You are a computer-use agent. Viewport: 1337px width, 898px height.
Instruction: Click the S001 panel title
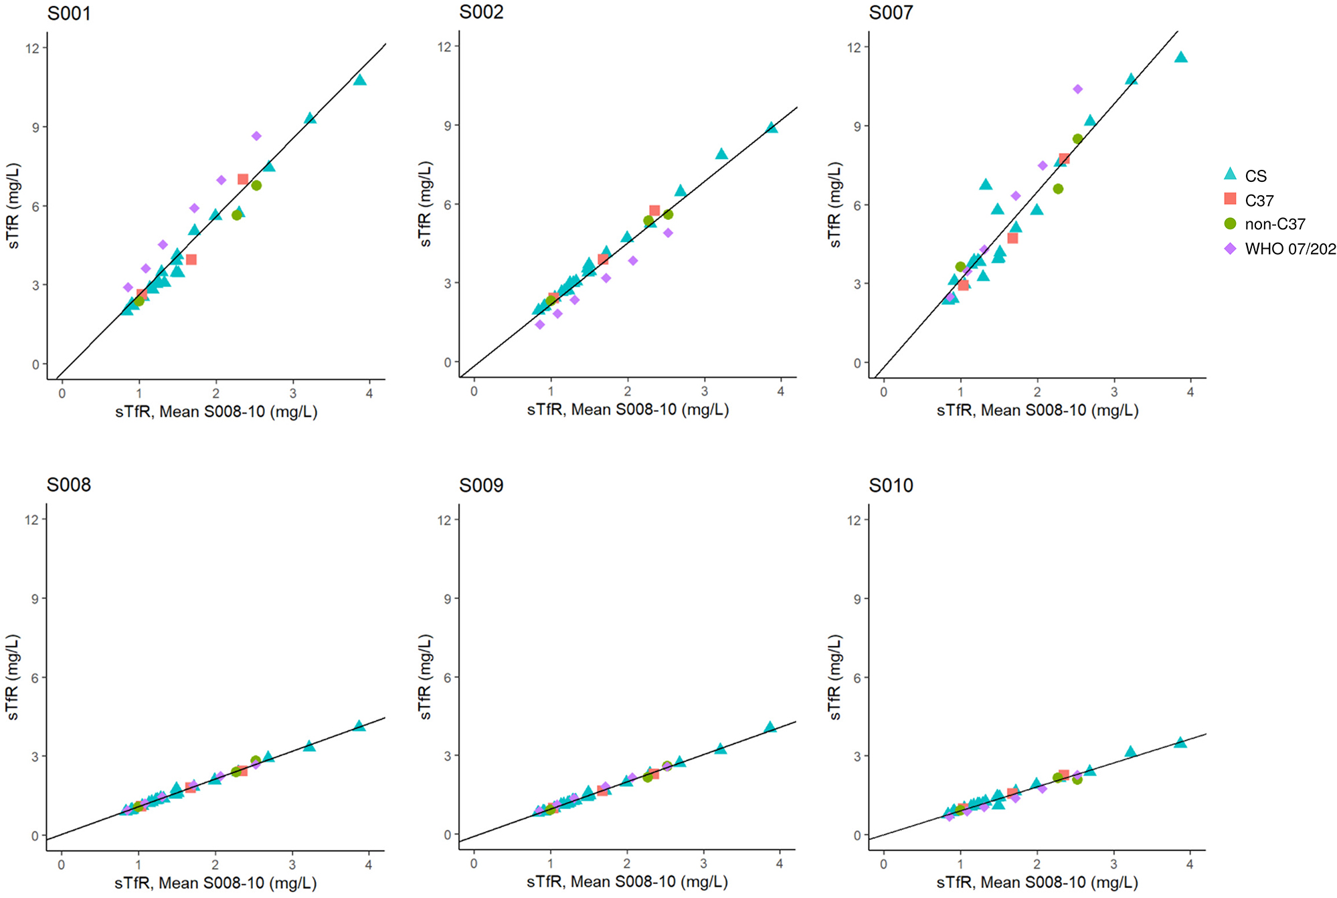[x=69, y=13]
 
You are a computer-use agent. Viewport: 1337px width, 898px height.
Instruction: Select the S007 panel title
[x=891, y=13]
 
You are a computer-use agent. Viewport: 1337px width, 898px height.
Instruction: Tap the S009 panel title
[x=480, y=485]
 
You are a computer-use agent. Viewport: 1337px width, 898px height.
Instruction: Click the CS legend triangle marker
[x=1230, y=175]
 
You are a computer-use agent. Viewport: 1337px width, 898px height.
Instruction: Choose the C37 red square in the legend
[x=1230, y=199]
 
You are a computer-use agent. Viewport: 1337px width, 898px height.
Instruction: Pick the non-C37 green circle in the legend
[x=1230, y=223]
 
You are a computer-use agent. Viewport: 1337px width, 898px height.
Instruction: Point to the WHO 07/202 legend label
[x=1289, y=249]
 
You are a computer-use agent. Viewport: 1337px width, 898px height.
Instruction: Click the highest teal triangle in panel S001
[x=360, y=80]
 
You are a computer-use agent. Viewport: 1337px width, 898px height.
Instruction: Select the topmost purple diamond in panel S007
[x=1077, y=89]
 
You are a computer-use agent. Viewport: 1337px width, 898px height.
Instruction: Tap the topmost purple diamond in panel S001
[x=256, y=136]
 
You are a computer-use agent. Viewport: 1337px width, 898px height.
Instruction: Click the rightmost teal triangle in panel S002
[x=772, y=128]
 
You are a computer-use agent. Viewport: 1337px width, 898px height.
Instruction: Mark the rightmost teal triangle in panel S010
[x=1180, y=742]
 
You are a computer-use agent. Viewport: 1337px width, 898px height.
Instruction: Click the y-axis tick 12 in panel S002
[x=444, y=47]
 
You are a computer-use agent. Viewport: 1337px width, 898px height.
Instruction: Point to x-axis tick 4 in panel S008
[x=369, y=865]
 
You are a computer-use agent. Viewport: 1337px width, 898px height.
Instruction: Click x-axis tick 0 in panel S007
[x=883, y=392]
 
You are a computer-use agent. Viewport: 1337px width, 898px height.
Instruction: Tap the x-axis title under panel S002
[x=627, y=410]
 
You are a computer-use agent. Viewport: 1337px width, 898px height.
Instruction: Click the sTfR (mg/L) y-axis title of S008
[x=13, y=677]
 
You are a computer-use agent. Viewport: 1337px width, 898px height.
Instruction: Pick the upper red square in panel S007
[x=1064, y=159]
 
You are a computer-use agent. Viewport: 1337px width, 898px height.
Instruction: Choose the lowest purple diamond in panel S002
[x=540, y=324]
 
